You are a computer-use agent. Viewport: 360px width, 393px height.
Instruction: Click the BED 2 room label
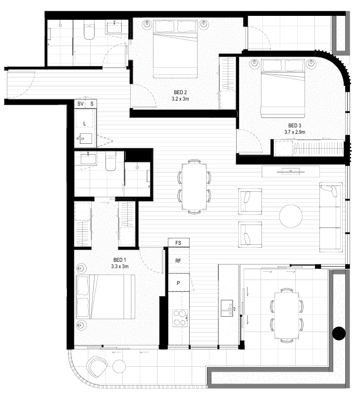tap(180, 93)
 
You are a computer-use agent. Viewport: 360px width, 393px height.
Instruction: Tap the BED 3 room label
tap(295, 125)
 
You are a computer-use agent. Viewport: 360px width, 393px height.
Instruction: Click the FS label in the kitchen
tap(178, 243)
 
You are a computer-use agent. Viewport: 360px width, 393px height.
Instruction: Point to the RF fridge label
tap(178, 261)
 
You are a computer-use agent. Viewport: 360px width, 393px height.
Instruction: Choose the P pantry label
tap(178, 283)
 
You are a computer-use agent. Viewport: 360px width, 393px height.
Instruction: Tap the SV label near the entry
tap(80, 104)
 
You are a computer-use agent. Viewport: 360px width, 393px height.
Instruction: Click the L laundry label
tap(84, 123)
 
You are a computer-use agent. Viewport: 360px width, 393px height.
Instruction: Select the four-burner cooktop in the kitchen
tap(180, 318)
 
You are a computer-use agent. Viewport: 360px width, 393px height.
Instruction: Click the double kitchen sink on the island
tap(227, 308)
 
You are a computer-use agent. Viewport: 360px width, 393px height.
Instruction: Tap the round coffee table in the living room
tap(291, 216)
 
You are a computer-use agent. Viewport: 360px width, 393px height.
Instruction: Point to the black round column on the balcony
tap(339, 334)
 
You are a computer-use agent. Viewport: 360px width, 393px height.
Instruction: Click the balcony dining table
tap(287, 316)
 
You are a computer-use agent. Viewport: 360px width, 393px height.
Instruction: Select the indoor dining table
tap(195, 187)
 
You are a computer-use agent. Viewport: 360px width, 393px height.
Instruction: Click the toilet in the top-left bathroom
tap(89, 31)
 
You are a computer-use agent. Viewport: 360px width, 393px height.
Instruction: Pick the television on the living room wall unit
tap(291, 171)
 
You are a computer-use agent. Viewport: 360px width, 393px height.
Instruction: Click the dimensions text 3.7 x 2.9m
tap(295, 132)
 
